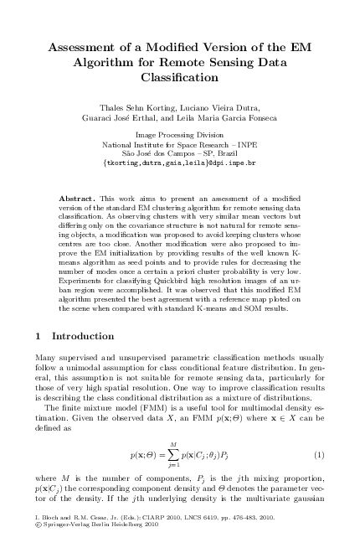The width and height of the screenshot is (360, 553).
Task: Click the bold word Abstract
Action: coord(78,199)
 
